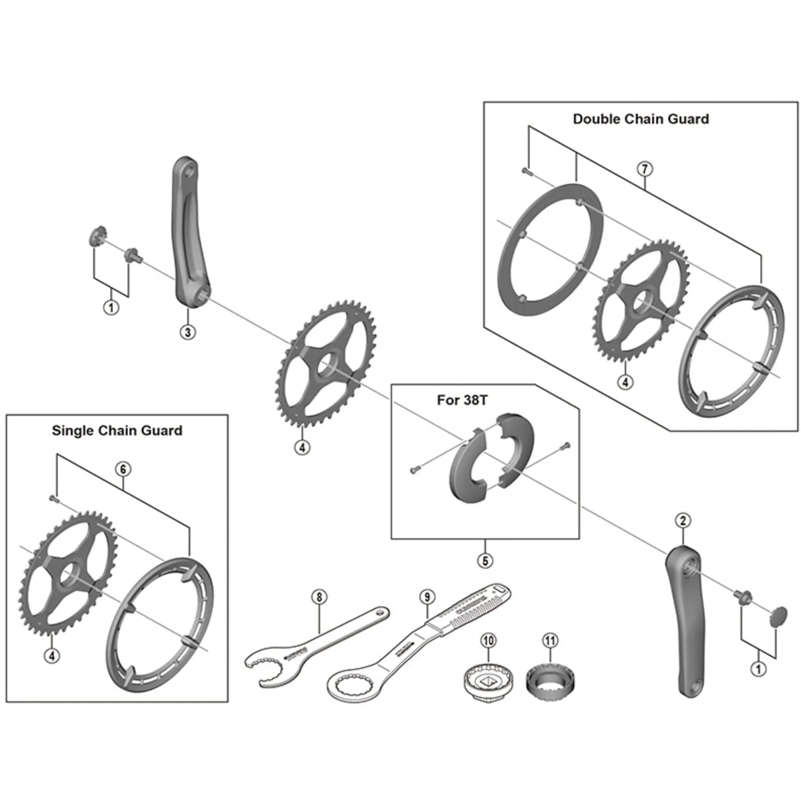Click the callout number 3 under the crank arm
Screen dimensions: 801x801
point(188,332)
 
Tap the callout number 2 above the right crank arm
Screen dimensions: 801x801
point(683,521)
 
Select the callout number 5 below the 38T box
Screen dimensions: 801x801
point(485,561)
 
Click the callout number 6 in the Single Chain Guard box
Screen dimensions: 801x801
point(123,469)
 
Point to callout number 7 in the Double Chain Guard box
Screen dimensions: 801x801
point(645,169)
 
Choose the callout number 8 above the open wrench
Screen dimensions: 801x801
point(319,597)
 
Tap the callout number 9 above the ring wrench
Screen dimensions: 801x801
point(427,597)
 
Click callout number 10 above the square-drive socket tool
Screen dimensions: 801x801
point(489,640)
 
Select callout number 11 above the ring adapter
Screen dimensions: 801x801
point(550,640)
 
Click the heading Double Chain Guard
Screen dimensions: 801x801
point(640,119)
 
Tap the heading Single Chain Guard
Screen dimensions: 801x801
point(117,431)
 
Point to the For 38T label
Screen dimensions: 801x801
point(462,400)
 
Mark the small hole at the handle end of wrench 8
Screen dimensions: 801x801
point(379,613)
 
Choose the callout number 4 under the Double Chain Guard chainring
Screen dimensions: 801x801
point(625,382)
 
